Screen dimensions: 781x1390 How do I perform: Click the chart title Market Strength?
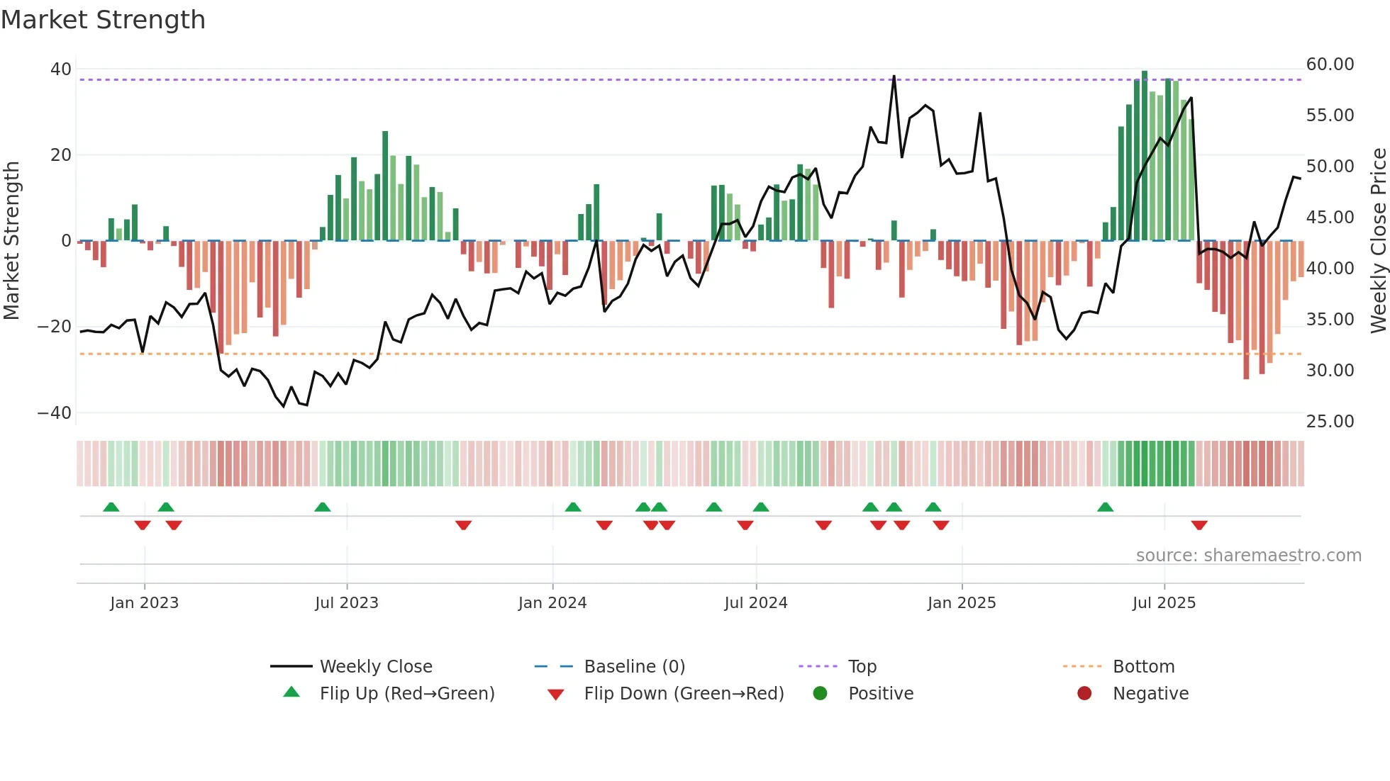pos(103,20)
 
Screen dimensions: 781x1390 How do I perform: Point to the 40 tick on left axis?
pos(61,69)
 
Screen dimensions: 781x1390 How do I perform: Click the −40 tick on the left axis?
pos(55,412)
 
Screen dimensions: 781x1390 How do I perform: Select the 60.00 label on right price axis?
pos(1330,64)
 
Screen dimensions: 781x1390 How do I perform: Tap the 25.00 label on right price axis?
pos(1330,422)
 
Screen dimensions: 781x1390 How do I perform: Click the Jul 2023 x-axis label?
pos(347,603)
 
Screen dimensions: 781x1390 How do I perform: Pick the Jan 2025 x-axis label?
pos(962,603)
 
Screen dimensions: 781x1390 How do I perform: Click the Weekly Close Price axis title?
pos(1378,241)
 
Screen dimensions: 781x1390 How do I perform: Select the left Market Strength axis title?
pos(11,241)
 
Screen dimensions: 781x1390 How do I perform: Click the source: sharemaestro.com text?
pos(1248,556)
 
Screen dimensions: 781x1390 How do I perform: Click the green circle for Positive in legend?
pos(821,694)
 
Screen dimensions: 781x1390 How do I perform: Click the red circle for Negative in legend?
pos(1084,694)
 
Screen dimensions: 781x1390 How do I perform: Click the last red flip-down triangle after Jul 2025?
pos(1199,525)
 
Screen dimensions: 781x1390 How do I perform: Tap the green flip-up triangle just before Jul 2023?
pos(323,507)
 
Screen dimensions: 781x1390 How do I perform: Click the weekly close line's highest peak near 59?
pos(894,77)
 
